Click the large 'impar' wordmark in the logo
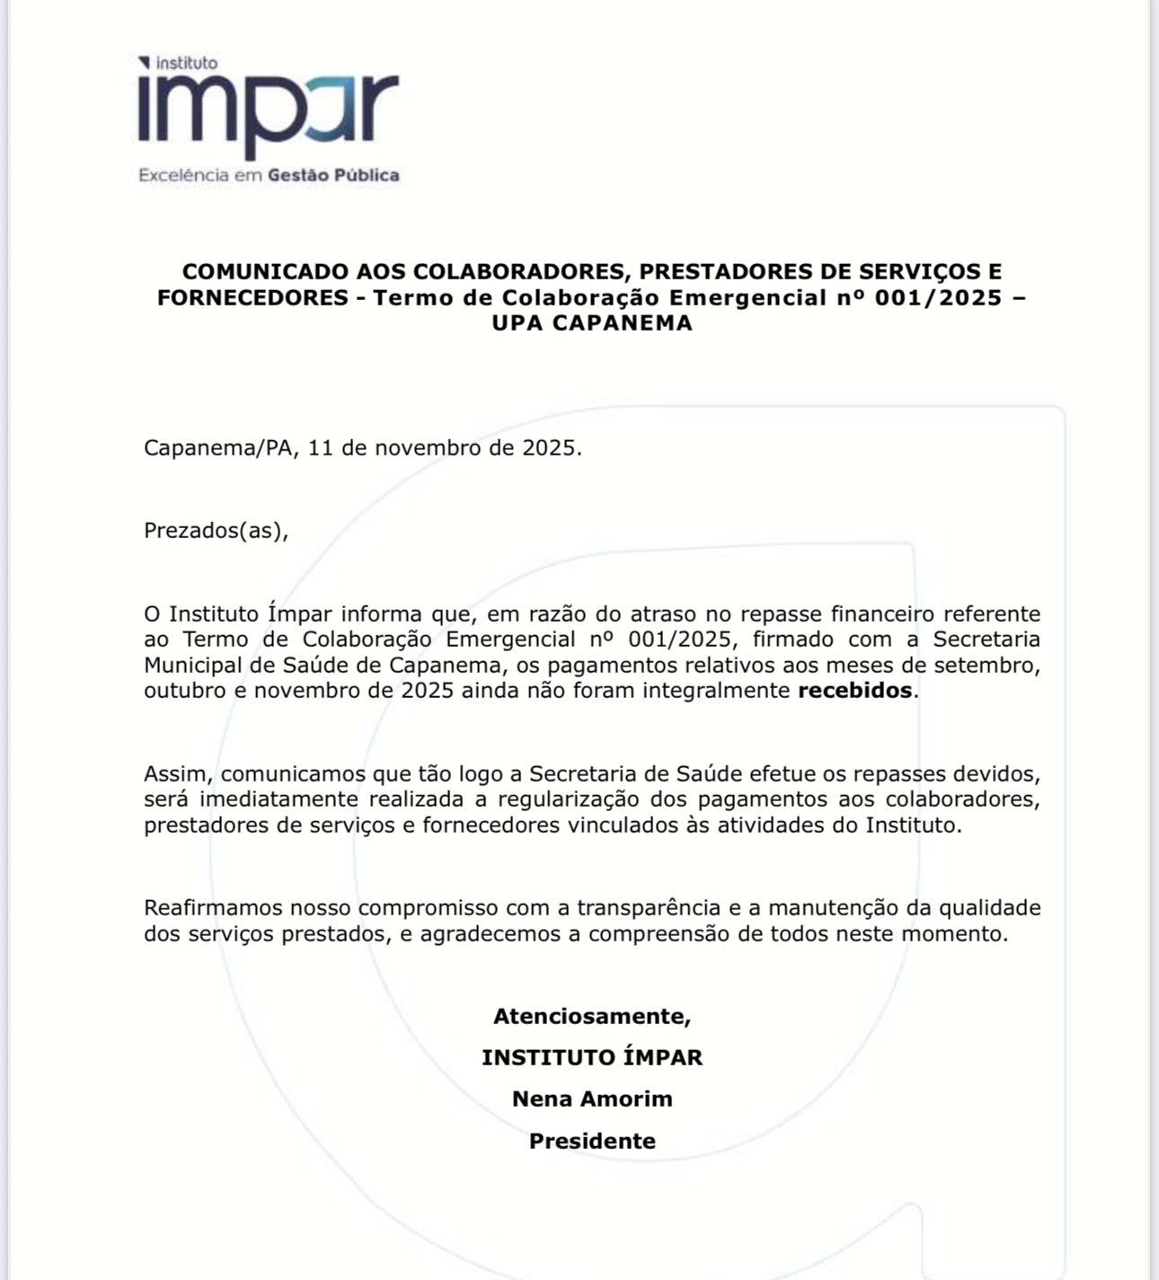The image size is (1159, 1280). (268, 112)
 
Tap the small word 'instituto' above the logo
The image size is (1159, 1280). (187, 63)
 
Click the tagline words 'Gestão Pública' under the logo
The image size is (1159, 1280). (333, 175)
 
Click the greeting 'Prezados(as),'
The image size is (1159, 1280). (217, 530)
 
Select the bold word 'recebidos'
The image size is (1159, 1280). (854, 691)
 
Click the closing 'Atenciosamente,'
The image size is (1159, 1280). (592, 1016)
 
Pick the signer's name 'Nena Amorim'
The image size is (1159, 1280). (592, 1099)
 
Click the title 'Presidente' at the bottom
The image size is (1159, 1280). (592, 1141)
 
